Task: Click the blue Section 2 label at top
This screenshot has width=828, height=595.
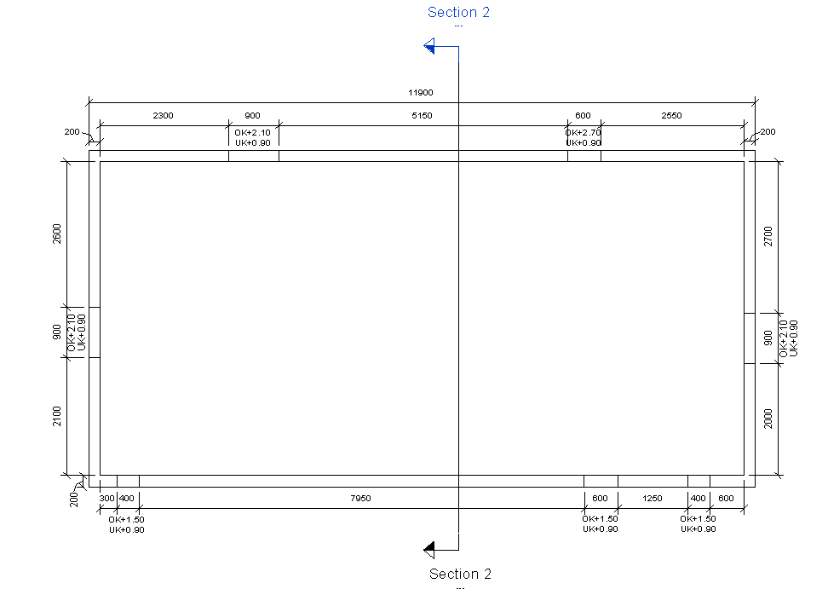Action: click(x=458, y=12)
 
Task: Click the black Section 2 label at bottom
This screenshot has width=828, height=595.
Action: click(x=460, y=574)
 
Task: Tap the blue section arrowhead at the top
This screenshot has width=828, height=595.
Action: click(x=430, y=46)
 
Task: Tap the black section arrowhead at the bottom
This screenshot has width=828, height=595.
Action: click(x=430, y=547)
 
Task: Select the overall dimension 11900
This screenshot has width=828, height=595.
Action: click(x=421, y=93)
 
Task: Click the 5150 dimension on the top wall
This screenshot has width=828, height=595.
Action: click(x=422, y=116)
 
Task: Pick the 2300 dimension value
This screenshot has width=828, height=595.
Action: click(x=163, y=116)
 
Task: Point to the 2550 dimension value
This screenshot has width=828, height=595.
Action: click(x=671, y=116)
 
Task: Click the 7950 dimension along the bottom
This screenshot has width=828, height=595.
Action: click(x=360, y=499)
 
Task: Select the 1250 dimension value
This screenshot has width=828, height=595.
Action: click(x=653, y=499)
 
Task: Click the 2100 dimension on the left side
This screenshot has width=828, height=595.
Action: click(x=57, y=416)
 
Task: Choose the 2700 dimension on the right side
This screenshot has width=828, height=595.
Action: click(x=768, y=236)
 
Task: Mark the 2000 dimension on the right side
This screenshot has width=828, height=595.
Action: click(x=768, y=419)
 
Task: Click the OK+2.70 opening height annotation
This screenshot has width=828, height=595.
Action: click(x=583, y=133)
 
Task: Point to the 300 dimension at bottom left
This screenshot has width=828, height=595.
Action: click(x=106, y=499)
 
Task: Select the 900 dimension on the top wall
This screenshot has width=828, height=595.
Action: click(x=253, y=116)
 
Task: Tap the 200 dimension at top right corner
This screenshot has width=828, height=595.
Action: click(x=768, y=132)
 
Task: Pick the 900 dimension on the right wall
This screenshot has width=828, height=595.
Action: click(x=768, y=338)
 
